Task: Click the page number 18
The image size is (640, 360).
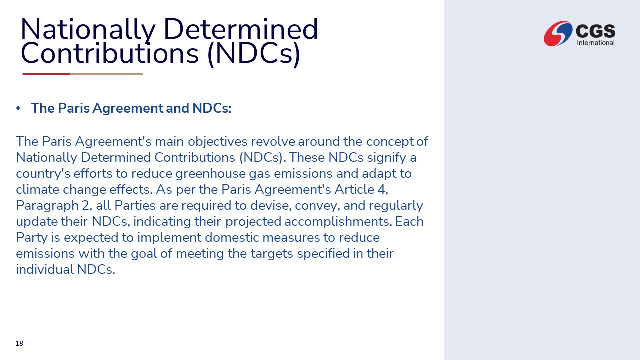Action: coord(19,343)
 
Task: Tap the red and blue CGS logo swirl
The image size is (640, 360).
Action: coord(558,33)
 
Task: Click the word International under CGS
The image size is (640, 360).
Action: coord(595,43)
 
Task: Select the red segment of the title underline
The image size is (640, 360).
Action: coord(46,74)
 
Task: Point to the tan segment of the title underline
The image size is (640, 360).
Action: coord(106,74)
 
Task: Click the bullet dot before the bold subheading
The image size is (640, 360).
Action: coord(18,108)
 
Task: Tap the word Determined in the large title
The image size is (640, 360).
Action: coord(241,29)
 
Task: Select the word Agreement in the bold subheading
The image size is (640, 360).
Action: coord(128,108)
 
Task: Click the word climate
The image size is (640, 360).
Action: coord(37,190)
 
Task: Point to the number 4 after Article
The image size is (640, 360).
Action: coord(382,190)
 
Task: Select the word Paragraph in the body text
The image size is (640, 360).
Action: coord(47,206)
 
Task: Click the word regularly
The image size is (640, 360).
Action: coord(396,206)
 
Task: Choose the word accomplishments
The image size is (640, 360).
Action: coord(338,222)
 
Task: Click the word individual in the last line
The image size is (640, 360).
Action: coord(45,270)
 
